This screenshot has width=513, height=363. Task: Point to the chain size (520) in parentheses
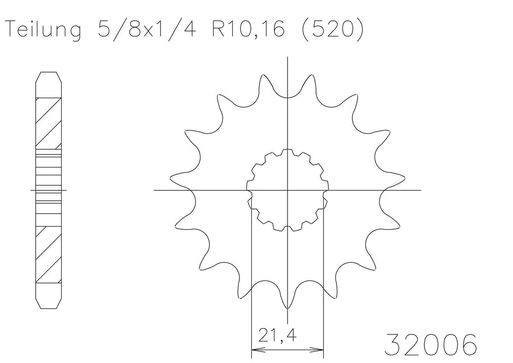[332, 31]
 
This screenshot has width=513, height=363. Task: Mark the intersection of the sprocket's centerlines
[287, 190]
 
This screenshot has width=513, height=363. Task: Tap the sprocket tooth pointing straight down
[287, 306]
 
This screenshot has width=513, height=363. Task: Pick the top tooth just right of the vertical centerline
[312, 77]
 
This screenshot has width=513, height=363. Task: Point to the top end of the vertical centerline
[287, 58]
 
